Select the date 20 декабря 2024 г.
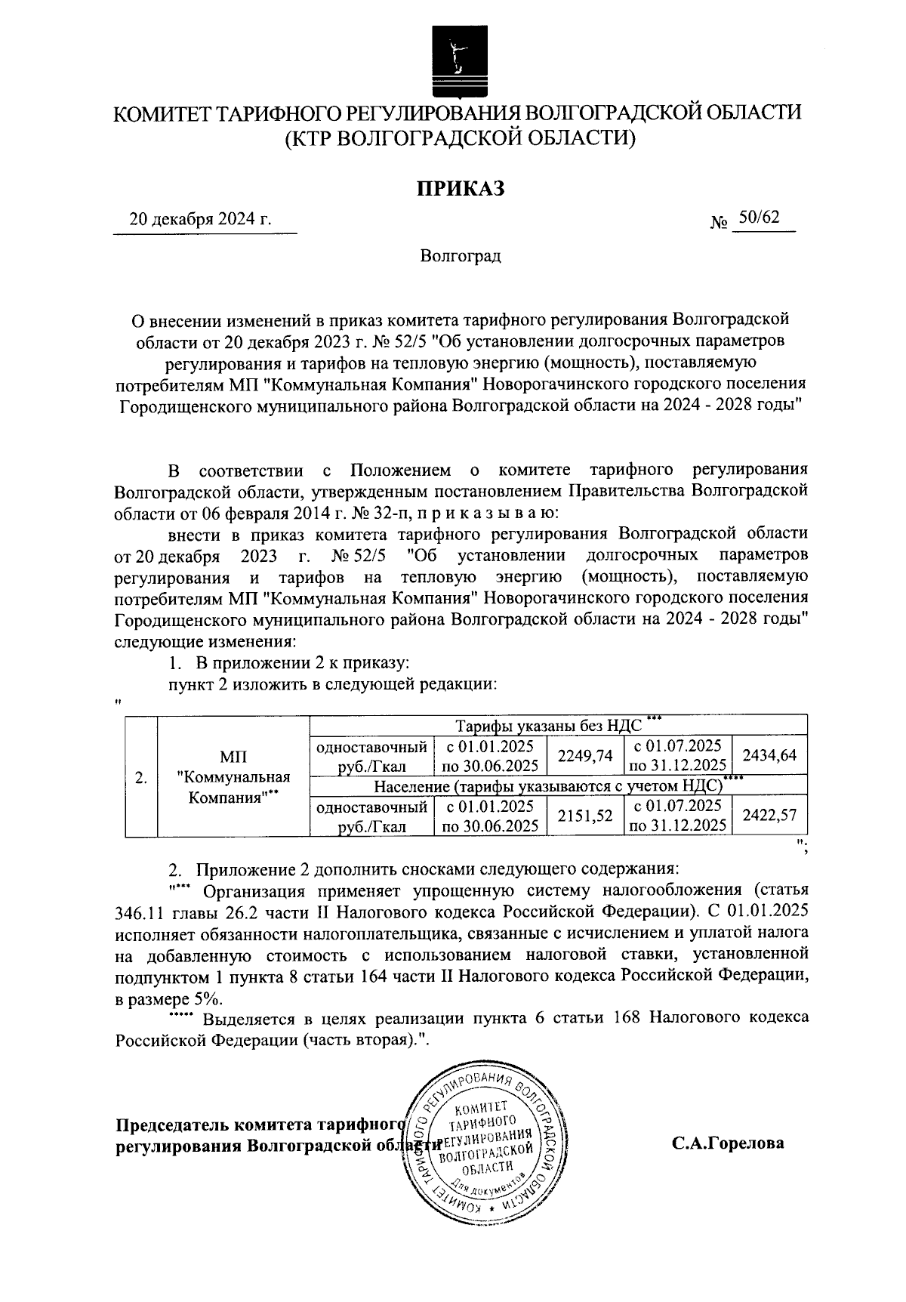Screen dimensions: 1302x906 [201, 220]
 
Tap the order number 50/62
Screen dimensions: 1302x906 [759, 218]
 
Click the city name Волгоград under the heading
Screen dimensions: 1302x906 [461, 257]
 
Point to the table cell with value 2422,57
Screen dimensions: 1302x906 [770, 816]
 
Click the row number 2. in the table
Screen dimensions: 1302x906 [140, 778]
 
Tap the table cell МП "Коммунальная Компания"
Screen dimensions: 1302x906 [233, 778]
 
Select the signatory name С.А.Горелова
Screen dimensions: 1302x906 [729, 1143]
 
